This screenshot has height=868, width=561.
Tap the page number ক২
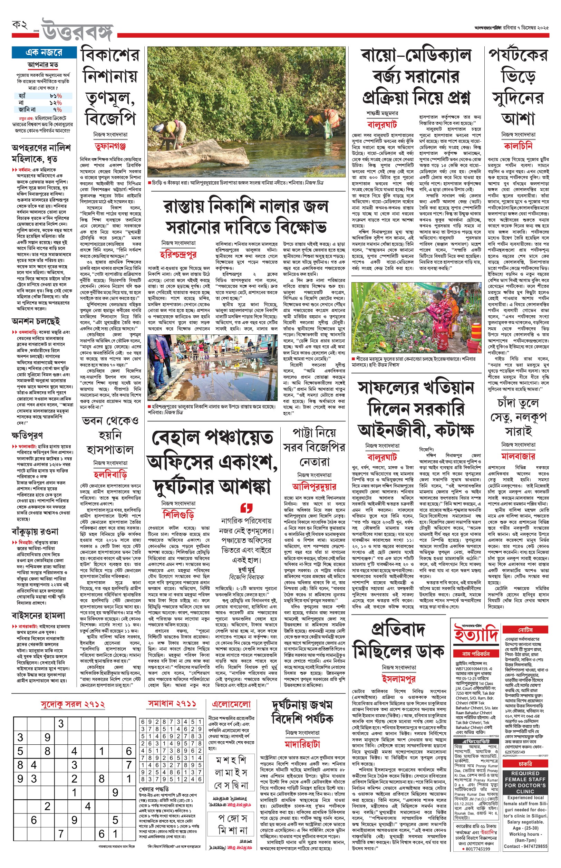(x=20, y=25)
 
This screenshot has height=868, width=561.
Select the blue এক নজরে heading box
(x=44, y=53)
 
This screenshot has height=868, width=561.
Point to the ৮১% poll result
(x=56, y=96)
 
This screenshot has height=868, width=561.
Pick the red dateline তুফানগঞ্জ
(x=110, y=146)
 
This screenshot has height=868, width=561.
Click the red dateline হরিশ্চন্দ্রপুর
(x=178, y=254)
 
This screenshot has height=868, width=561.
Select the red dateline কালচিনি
(x=518, y=146)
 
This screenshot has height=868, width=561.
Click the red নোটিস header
(x=526, y=630)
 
